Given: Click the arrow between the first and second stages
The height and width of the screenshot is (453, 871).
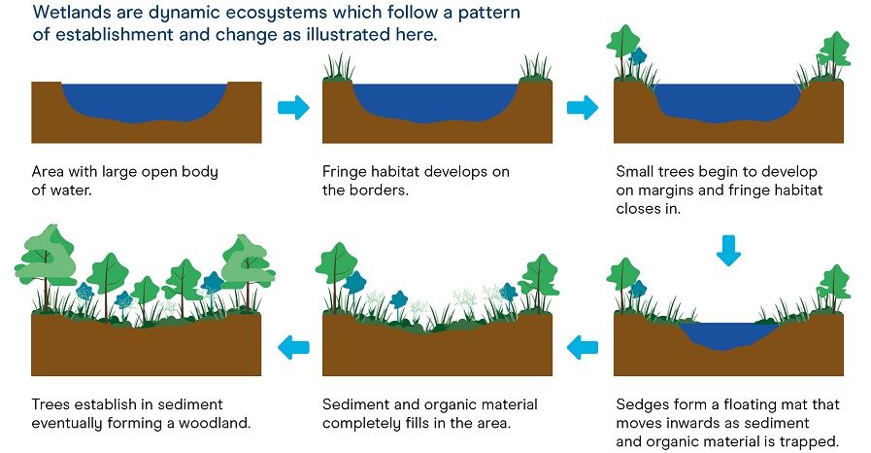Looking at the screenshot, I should (x=292, y=107).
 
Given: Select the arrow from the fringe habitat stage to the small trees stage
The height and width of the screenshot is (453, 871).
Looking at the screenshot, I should (x=583, y=107).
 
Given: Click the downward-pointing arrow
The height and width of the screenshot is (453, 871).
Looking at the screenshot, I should (x=727, y=251).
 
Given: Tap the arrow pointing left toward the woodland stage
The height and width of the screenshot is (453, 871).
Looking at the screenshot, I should (x=293, y=345).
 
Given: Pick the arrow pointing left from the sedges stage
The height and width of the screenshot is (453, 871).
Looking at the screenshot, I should (x=584, y=345).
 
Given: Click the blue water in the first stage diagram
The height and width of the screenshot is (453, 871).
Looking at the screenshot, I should (x=146, y=102).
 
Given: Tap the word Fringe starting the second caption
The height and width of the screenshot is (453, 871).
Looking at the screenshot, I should (x=345, y=172).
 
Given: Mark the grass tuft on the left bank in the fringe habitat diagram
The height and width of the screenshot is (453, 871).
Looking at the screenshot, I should (x=341, y=68).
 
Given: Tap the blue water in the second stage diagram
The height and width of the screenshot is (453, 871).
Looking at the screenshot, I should (x=437, y=102).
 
